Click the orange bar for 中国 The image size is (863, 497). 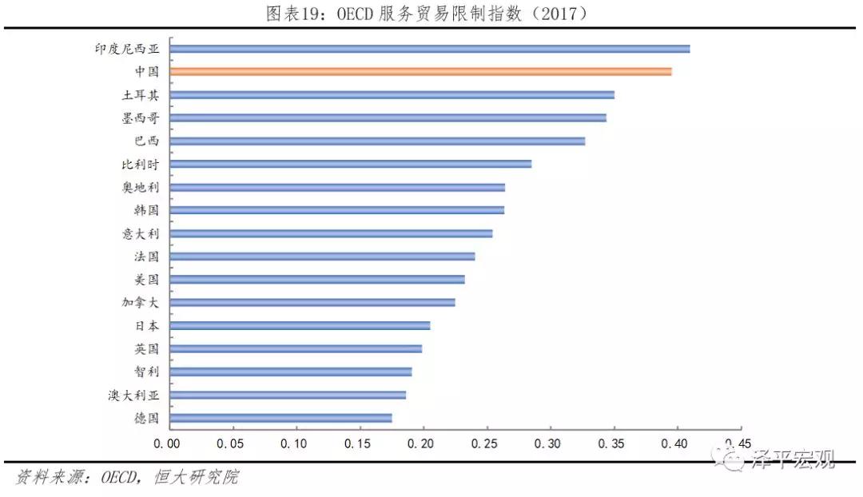point(420,72)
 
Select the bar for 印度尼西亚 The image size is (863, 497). point(430,49)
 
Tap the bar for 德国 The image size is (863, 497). point(280,418)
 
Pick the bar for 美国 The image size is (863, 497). point(317,280)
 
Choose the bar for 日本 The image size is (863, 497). point(300,326)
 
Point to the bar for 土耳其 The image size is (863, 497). point(392,95)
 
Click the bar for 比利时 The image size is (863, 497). point(351,164)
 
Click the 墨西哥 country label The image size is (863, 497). point(141,117)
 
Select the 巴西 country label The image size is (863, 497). point(147,141)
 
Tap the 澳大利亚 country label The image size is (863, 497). point(133,396)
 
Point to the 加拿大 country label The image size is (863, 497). point(141,303)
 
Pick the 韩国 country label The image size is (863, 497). point(147,210)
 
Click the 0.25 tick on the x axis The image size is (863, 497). point(484,443)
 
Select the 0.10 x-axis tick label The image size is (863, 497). point(293,443)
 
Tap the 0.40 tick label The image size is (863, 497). point(674,443)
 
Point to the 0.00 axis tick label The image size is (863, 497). point(166,443)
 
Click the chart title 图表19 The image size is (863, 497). point(297,14)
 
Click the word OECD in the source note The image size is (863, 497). point(119,477)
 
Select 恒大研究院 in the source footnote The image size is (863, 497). point(197,477)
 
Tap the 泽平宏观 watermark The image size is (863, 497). point(793,459)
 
